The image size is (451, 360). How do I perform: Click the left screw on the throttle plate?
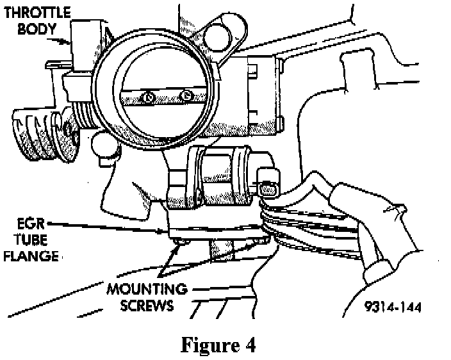147,97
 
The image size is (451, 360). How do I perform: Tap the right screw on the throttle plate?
186,96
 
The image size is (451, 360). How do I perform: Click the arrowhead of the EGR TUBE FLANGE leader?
168,231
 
